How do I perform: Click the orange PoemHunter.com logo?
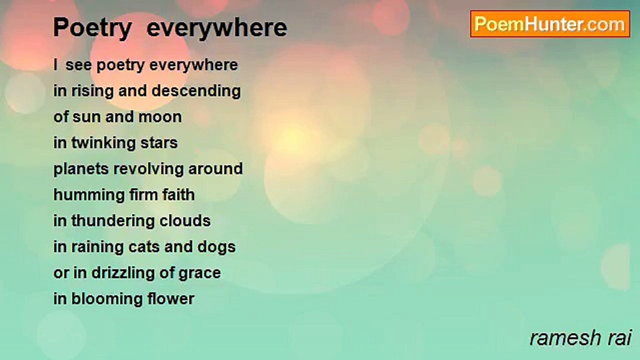point(550,24)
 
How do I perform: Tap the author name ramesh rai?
point(580,338)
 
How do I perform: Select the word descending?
point(196,91)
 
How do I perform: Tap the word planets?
point(81,169)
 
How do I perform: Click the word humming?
point(89,195)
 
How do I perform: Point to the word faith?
point(178,194)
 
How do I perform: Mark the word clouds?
point(185,221)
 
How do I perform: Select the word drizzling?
point(123,273)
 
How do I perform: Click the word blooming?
point(107,299)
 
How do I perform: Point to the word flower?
point(171,298)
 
